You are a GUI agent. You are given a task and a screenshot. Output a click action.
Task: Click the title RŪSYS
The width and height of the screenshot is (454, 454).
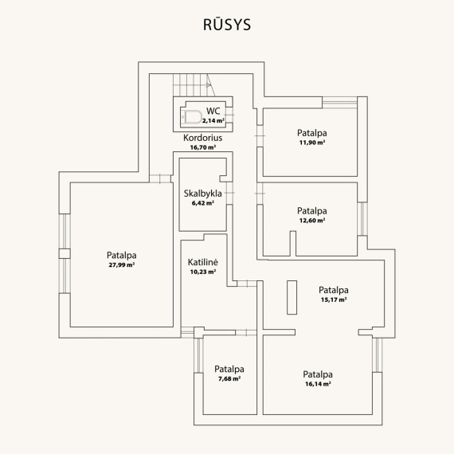tap(227, 25)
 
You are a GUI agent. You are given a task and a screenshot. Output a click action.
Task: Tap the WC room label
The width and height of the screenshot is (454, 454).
tap(213, 111)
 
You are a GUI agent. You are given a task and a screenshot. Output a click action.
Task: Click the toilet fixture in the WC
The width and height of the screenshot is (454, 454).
tap(191, 117)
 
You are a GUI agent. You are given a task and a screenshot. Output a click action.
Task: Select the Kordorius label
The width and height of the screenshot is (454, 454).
tap(202, 138)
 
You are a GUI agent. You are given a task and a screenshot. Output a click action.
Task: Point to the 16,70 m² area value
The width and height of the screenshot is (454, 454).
tap(202, 147)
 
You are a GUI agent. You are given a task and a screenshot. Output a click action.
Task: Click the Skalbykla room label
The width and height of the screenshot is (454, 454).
tap(202, 194)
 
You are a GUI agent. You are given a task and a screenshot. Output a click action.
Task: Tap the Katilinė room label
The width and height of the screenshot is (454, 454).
tap(202, 262)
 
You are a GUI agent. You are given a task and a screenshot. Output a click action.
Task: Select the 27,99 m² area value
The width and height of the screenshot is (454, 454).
tap(122, 264)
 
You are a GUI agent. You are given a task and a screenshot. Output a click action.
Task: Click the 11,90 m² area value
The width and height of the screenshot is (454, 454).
tap(312, 143)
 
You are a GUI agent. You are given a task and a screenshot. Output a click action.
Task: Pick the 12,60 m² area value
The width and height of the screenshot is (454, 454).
tap(312, 221)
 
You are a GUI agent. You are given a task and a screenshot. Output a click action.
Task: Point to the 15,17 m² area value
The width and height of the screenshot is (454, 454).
tap(334, 299)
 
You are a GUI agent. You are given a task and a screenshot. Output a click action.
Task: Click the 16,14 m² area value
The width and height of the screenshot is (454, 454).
tap(318, 384)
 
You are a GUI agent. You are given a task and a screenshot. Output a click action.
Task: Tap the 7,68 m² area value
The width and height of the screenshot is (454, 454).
tap(229, 378)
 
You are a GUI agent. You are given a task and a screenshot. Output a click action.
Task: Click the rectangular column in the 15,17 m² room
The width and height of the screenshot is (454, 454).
tap(292, 297)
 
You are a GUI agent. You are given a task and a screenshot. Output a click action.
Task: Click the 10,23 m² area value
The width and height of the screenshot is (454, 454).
tap(202, 272)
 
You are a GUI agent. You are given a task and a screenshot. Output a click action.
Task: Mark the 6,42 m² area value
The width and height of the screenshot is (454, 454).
tap(202, 203)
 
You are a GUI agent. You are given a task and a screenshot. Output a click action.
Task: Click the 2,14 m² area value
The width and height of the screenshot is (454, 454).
tap(213, 121)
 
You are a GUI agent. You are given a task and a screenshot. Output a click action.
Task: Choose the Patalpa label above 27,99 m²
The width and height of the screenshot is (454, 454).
tap(122, 255)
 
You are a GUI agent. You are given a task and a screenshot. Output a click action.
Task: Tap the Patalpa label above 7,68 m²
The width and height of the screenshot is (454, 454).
tap(229, 369)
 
